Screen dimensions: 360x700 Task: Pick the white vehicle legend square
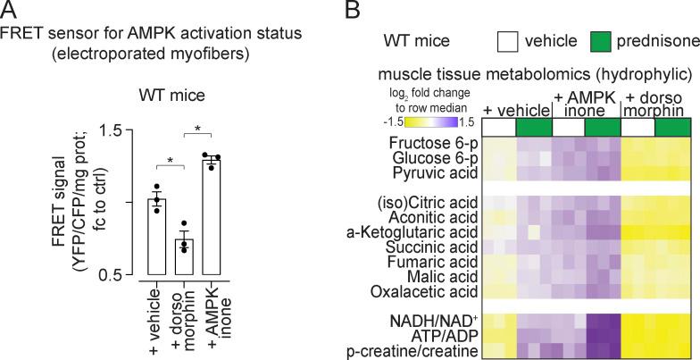(507, 41)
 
